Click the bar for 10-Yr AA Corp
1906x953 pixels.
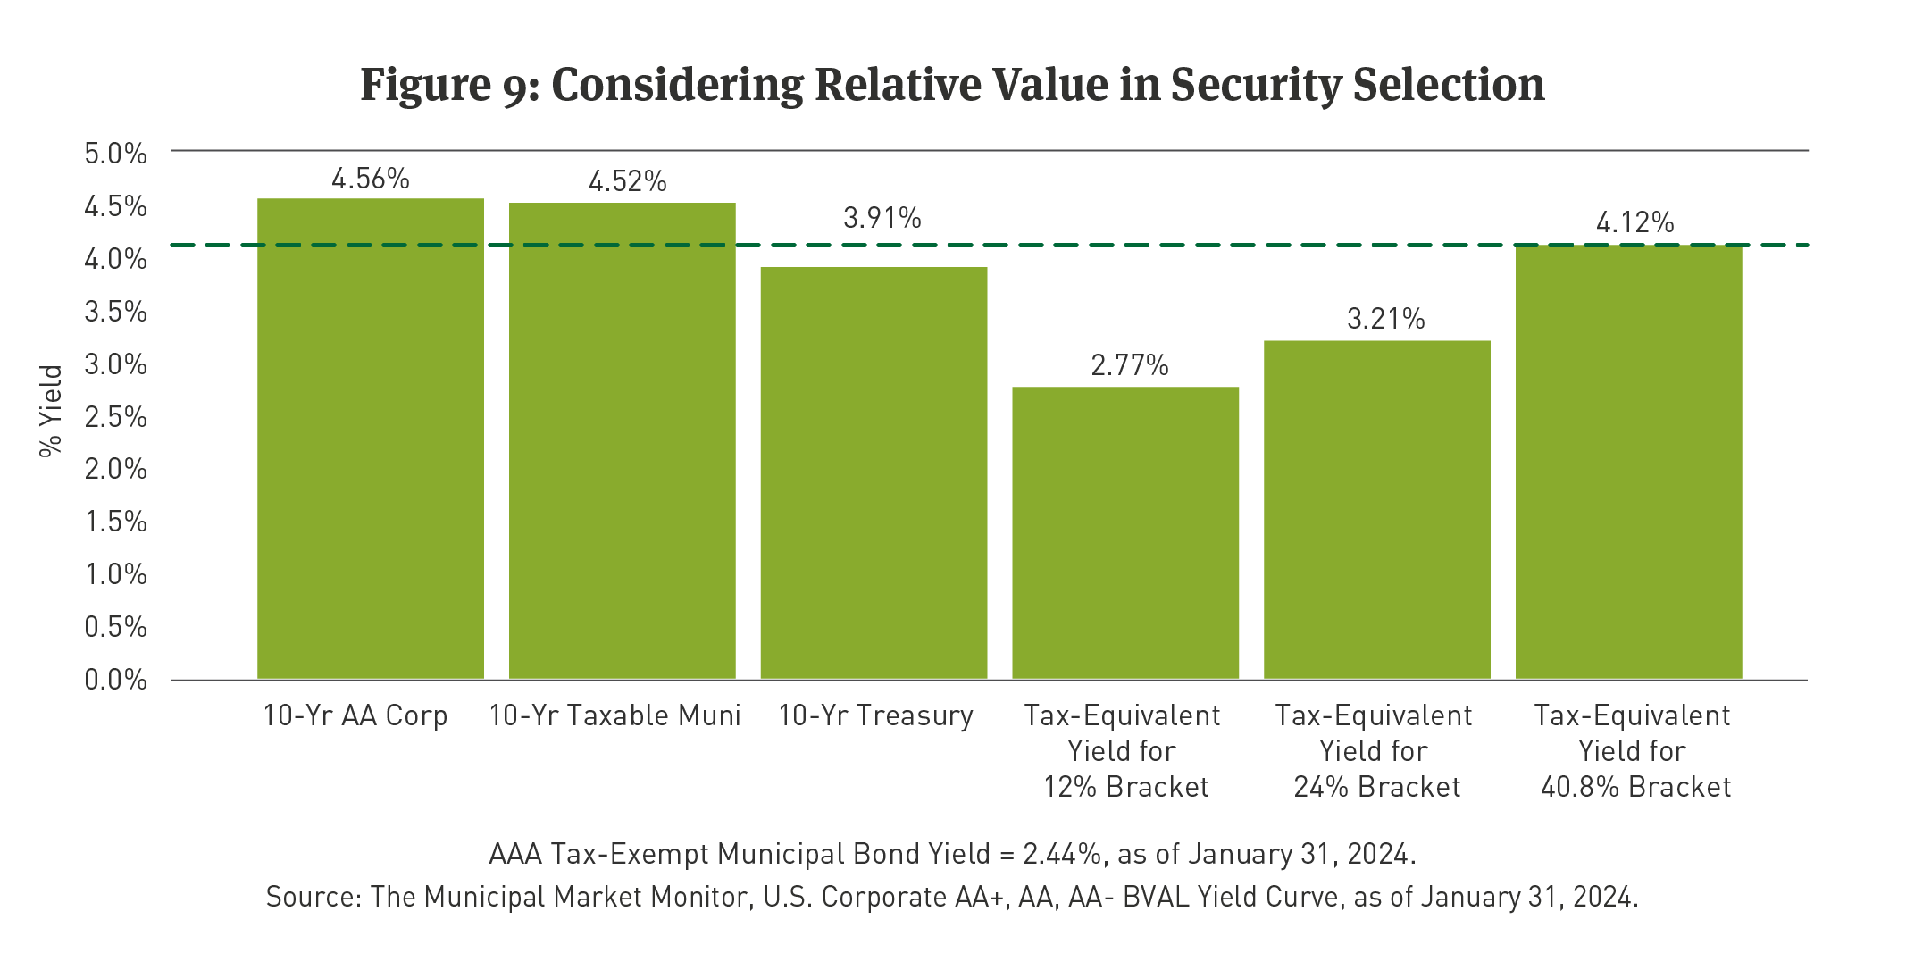(371, 438)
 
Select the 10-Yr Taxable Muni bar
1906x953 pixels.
(623, 440)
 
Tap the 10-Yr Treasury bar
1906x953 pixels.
(874, 472)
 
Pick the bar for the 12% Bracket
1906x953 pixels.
(1125, 532)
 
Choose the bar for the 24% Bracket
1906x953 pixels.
(1377, 509)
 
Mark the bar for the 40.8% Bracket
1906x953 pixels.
(1629, 461)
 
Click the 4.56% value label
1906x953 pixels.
(371, 180)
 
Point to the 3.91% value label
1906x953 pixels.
(882, 218)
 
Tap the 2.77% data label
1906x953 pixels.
(1130, 365)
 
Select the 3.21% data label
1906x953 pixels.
(1385, 319)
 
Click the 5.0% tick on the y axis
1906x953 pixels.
(115, 154)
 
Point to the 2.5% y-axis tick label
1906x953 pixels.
(115, 417)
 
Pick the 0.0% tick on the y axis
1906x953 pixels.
(115, 680)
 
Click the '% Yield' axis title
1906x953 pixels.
(52, 411)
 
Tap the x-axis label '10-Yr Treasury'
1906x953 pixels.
(875, 715)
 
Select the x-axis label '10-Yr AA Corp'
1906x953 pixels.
(355, 715)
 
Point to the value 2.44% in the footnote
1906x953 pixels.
(1061, 854)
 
